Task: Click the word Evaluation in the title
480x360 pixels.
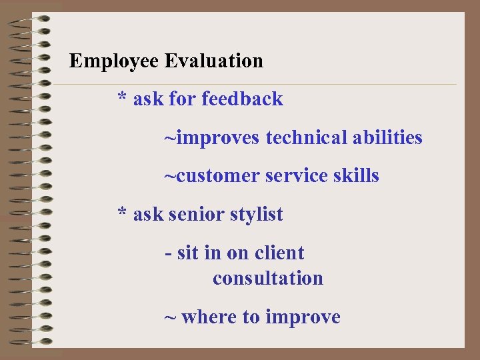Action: (x=214, y=61)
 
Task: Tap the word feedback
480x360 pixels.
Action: (x=242, y=99)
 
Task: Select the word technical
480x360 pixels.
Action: (x=306, y=138)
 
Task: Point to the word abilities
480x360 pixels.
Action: (x=387, y=138)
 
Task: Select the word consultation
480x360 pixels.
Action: (x=268, y=278)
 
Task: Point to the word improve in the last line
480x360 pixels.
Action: (x=303, y=317)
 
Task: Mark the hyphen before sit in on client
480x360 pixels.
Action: (x=168, y=254)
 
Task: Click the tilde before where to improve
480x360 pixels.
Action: (x=171, y=317)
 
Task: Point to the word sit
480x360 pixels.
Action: (x=188, y=253)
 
